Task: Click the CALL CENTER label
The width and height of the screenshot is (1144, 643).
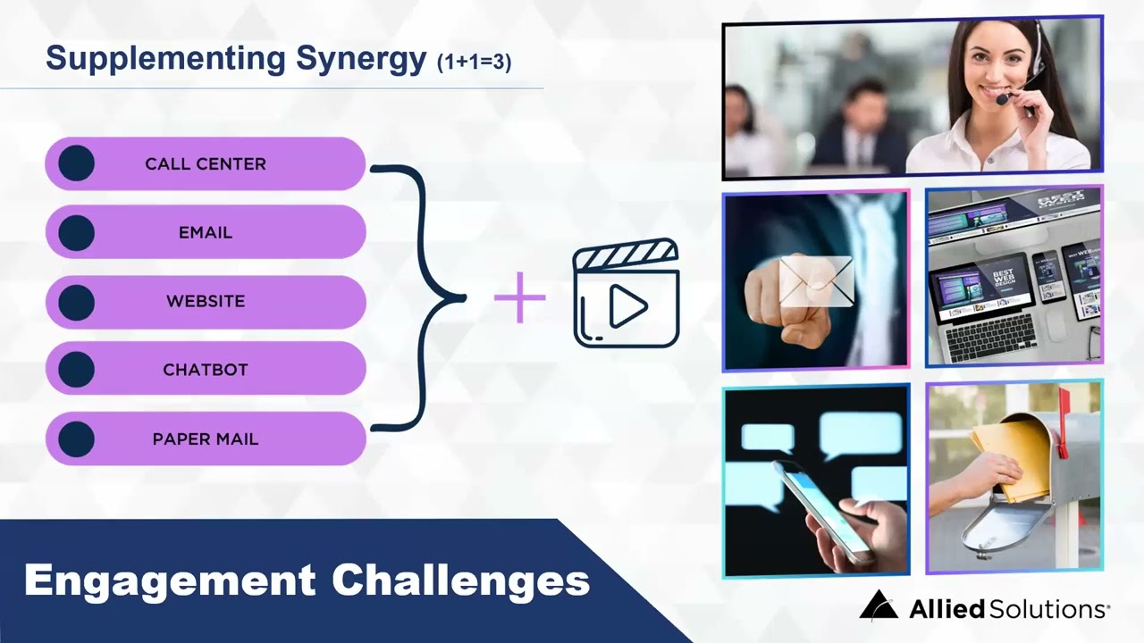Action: pos(206,164)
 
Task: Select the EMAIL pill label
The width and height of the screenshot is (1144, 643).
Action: pos(206,233)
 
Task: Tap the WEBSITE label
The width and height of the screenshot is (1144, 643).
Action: pos(206,302)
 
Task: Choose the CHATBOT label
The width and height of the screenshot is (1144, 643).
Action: pos(206,370)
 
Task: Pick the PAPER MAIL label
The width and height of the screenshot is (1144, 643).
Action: pos(206,439)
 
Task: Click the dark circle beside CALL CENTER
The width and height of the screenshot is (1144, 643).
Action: pos(77,164)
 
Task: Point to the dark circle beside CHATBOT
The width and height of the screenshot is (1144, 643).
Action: pos(77,370)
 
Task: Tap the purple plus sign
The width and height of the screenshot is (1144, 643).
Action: pos(519,297)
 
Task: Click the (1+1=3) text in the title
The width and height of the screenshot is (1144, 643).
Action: pos(474,63)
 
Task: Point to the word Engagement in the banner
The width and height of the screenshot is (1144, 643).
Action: pos(170,580)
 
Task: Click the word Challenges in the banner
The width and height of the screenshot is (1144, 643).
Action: pos(461,580)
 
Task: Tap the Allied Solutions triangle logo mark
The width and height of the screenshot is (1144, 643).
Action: pos(878,606)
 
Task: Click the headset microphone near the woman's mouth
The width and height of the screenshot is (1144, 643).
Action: pos(1004,98)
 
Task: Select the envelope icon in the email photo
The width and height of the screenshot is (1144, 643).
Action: pos(816,280)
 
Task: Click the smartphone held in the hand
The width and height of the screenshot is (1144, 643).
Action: pos(817,509)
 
